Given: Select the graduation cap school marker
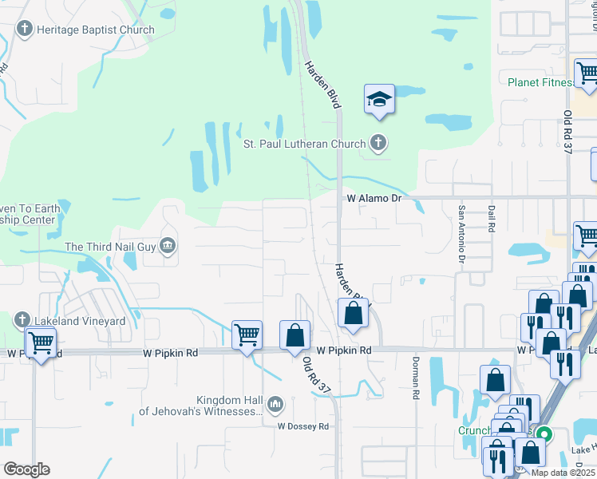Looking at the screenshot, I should [x=379, y=100].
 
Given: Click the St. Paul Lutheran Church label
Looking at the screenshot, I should [x=304, y=144].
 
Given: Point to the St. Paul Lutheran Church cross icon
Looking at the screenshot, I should [x=378, y=144].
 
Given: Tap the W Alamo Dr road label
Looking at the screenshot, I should [x=373, y=198].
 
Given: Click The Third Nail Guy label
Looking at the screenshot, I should [x=110, y=247].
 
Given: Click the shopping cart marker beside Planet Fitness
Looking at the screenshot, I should [x=587, y=73].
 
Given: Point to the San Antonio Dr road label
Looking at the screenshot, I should [x=461, y=234].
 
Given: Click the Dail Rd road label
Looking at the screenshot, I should [x=491, y=220].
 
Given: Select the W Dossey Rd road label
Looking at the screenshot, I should [x=303, y=426].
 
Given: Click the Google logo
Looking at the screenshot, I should [x=26, y=469].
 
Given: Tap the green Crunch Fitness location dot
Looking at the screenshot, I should [x=545, y=436].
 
